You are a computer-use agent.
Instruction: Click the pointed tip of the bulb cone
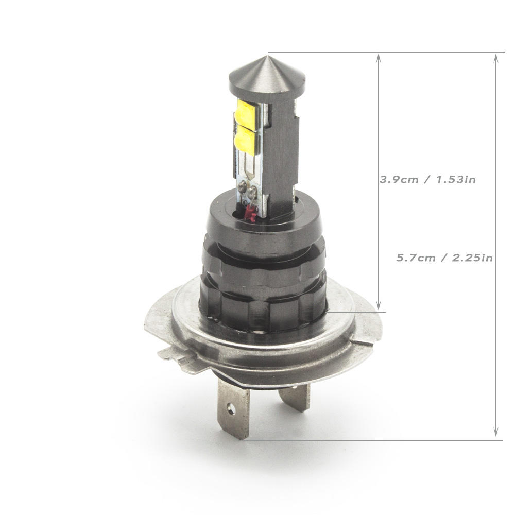pyautogui.click(x=267, y=57)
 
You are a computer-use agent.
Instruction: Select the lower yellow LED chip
pyautogui.click(x=245, y=140)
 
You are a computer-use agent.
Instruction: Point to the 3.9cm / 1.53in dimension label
pyautogui.click(x=427, y=179)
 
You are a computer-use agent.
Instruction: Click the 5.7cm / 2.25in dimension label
pyautogui.click(x=444, y=257)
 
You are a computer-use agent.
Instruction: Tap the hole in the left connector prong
pyautogui.click(x=232, y=408)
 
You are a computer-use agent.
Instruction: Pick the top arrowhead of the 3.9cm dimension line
pyautogui.click(x=379, y=58)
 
